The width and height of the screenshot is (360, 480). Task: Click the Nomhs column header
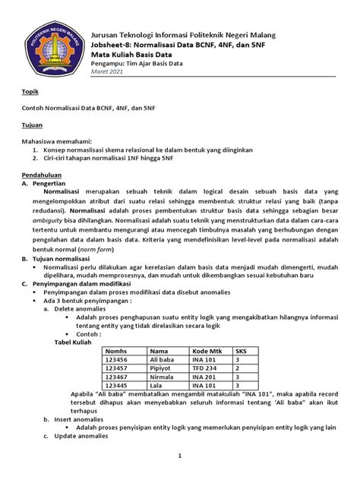click(116, 352)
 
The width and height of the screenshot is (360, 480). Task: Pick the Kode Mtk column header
click(207, 352)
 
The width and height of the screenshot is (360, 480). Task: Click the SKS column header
click(242, 352)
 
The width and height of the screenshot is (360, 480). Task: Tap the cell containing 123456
click(116, 361)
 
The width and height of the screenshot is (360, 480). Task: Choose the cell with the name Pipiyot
click(160, 369)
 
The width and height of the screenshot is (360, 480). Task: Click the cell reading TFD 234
click(206, 369)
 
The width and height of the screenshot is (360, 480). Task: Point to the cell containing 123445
click(116, 386)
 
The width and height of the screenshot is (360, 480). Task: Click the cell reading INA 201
click(206, 377)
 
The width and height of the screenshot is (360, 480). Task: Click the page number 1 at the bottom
click(179, 456)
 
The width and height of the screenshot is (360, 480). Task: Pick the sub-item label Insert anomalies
click(79, 418)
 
